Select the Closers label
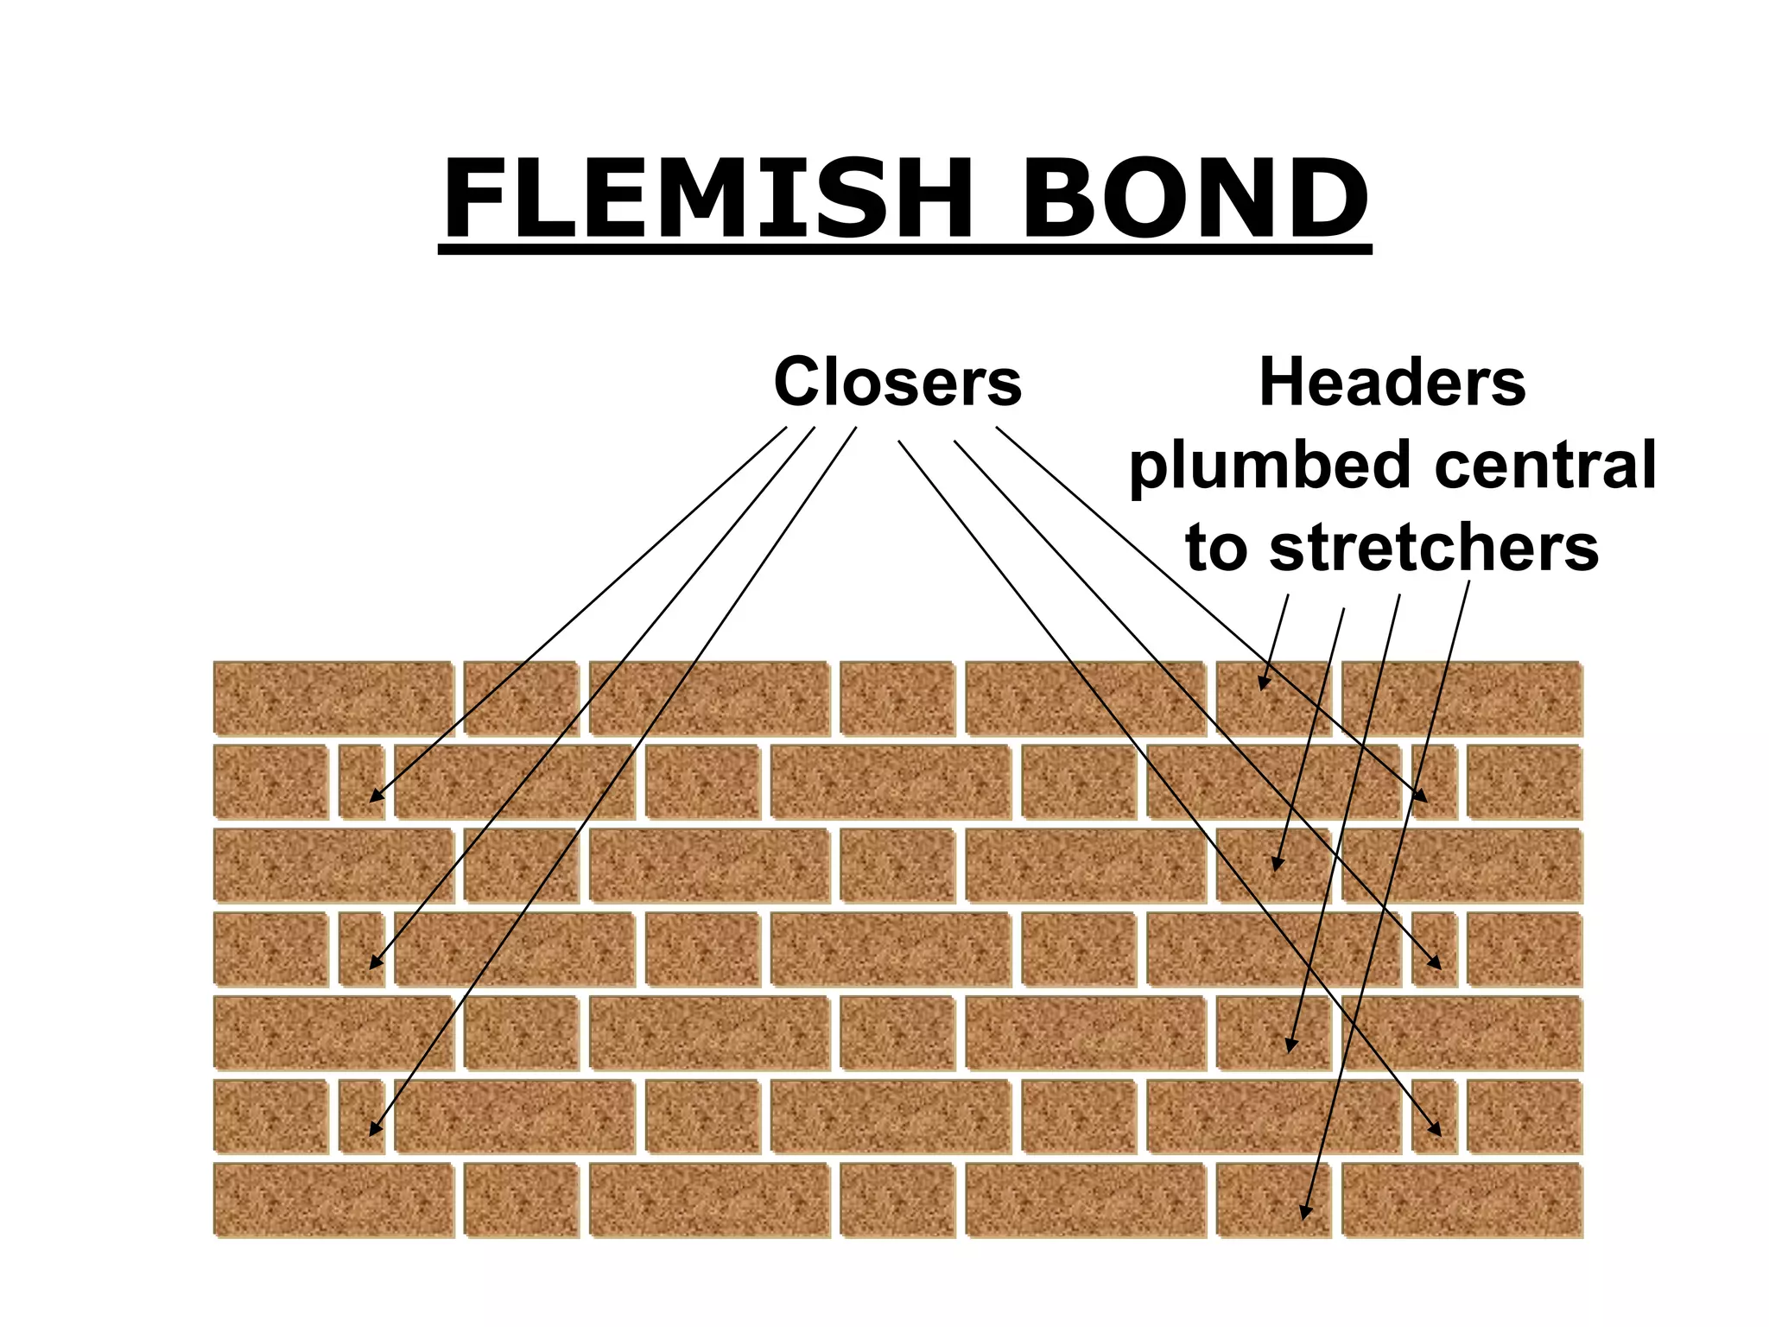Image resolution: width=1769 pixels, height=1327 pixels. point(897,382)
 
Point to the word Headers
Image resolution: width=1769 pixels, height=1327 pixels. point(1392,382)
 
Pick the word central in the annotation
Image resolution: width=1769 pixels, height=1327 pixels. point(1545,465)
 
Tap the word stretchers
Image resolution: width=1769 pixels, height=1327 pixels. point(1434,548)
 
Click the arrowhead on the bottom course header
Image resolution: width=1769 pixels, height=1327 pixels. point(1305,1213)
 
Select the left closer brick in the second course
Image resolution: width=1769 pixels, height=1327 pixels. point(362,782)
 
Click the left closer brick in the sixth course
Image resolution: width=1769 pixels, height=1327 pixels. point(362,1116)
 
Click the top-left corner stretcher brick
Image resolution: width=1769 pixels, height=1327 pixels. point(333,698)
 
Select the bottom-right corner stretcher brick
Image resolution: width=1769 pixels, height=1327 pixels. point(1461,1200)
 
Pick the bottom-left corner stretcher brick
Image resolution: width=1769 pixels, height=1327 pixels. point(333,1200)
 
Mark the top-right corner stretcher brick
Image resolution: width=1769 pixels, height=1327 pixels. point(1461,698)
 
